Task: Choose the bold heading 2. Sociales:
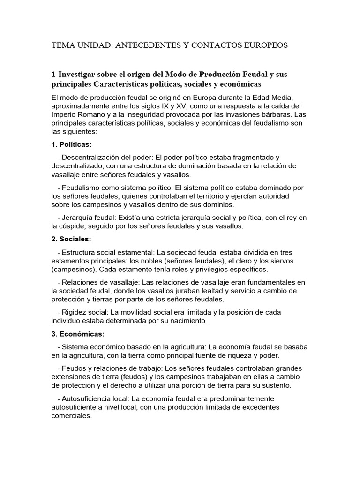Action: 71,239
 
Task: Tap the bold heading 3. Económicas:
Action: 78,334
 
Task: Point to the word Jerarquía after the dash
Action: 77,217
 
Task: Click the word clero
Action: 245,260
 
